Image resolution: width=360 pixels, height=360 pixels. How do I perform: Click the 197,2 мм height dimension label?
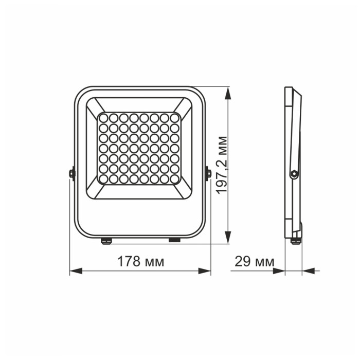tap(222, 165)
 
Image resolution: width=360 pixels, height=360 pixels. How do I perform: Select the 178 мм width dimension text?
tap(141, 261)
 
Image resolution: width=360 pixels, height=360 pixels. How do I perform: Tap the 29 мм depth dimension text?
tap(254, 261)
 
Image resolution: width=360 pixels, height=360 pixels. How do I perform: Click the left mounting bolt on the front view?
tap(72, 173)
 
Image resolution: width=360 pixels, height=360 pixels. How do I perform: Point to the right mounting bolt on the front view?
tap(208, 173)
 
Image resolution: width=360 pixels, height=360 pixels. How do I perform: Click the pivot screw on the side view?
tap(294, 174)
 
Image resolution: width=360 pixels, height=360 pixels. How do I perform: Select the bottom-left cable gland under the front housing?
tap(106, 240)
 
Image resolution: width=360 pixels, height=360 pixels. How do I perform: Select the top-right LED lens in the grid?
tap(174, 118)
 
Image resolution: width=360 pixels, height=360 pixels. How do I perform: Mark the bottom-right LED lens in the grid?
tap(174, 178)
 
